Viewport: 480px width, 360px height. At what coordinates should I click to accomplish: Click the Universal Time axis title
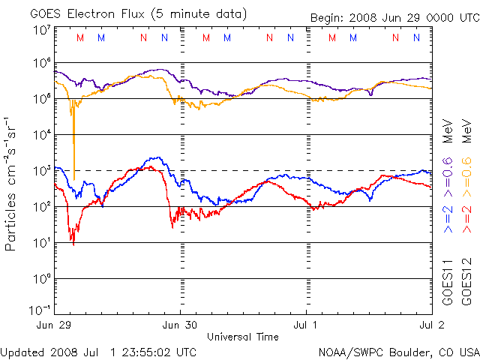pos(242,337)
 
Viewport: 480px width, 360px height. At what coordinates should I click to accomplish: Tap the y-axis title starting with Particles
pos(13,184)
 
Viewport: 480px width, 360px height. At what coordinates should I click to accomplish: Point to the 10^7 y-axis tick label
pos(40,31)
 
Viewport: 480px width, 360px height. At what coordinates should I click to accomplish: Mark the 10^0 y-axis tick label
pos(40,278)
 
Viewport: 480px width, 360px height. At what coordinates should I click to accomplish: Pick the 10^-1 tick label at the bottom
pos(39,310)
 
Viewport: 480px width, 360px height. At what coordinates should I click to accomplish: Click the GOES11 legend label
pos(448,283)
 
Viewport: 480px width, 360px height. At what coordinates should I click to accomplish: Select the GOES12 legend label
pos(466,283)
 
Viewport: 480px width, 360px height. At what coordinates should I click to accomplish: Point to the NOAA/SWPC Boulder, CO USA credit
pos(398,351)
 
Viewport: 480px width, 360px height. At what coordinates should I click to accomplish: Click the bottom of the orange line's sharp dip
pos(73,178)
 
